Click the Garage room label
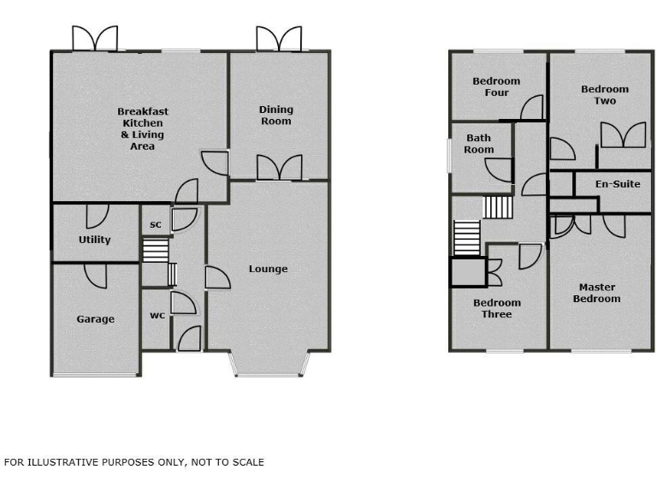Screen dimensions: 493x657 tap(95, 319)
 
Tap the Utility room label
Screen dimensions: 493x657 tap(94, 240)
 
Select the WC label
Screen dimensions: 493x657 tap(157, 316)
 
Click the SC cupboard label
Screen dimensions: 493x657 tap(156, 225)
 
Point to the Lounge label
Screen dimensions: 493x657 tap(268, 269)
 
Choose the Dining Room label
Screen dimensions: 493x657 tap(275, 115)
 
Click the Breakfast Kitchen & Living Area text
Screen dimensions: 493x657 tap(142, 128)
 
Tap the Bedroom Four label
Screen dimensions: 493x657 tap(496, 87)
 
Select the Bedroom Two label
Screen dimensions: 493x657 tap(604, 95)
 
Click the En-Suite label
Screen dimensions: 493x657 tap(618, 184)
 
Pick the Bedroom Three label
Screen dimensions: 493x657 tap(496, 308)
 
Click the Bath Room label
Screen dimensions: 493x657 tap(479, 144)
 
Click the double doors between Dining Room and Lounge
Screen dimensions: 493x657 tap(279, 168)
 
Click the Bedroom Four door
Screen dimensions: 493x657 tap(531, 108)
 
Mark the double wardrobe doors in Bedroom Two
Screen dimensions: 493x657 tap(622, 136)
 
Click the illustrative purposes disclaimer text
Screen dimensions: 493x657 tap(134, 462)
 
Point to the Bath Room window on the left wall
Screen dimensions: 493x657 tap(451, 157)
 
